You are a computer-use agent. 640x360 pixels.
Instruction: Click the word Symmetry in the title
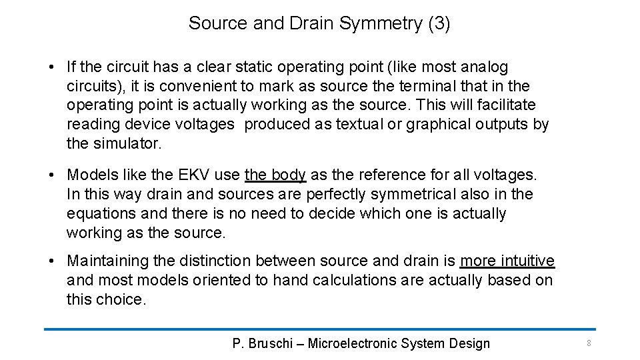[381, 24]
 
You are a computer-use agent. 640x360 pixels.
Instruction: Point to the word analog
[485, 67]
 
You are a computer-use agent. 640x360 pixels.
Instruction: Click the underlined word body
[288, 175]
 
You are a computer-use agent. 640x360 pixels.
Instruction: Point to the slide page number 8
[589, 343]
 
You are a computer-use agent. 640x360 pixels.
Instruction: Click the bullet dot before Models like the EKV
[51, 175]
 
